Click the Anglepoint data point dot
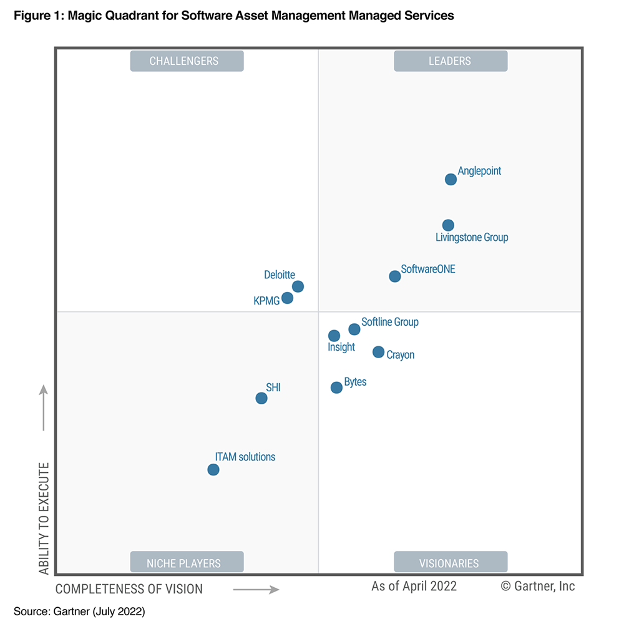(x=451, y=180)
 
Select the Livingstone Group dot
(x=448, y=225)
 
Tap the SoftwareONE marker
(x=394, y=276)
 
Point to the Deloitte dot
(x=298, y=286)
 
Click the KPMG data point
(x=287, y=298)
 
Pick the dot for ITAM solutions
(x=213, y=470)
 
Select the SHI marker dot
(x=261, y=398)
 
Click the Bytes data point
(x=336, y=388)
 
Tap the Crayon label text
(x=400, y=355)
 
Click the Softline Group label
(x=390, y=322)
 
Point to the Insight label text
(x=341, y=348)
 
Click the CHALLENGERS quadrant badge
(x=187, y=61)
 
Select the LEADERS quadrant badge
(x=451, y=61)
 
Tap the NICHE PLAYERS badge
(x=187, y=563)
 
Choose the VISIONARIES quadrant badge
(x=451, y=563)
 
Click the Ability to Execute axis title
(x=44, y=519)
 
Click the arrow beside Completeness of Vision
(x=256, y=589)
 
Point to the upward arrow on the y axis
(x=44, y=407)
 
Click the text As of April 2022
(x=414, y=586)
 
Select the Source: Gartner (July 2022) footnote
(x=79, y=612)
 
